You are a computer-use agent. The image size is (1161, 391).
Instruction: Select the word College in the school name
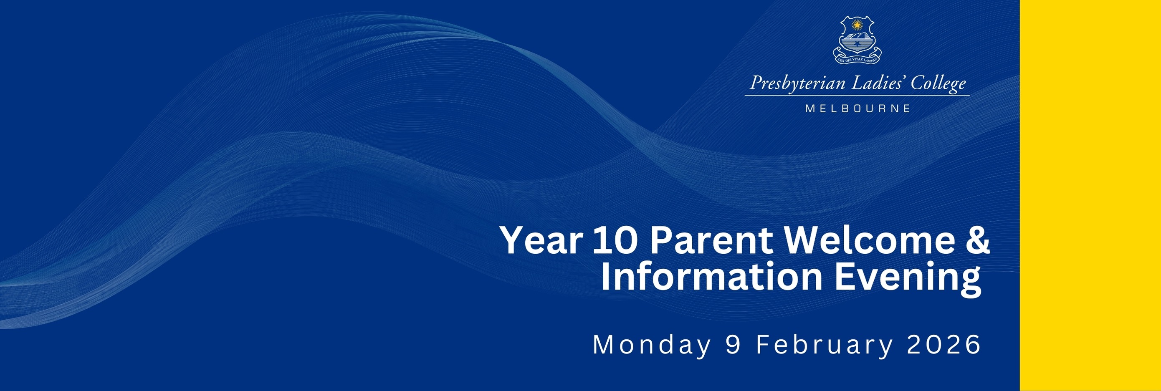coord(939,84)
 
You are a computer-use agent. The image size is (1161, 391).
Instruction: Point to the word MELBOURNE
coord(857,108)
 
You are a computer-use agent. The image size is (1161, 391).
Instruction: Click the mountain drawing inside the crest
coord(857,35)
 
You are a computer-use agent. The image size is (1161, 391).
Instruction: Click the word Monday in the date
coord(651,346)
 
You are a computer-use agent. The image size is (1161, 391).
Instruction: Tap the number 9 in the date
coord(733,345)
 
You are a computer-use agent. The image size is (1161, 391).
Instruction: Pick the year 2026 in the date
coord(944,345)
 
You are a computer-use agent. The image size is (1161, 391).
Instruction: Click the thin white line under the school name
coord(857,96)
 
